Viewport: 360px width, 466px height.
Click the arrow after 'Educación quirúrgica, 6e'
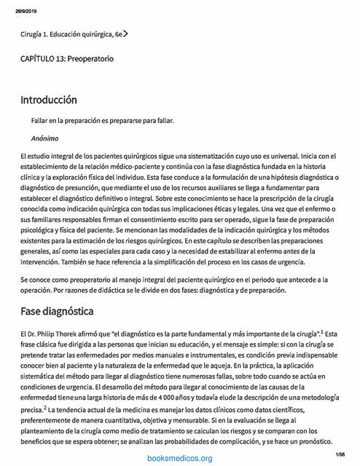tap(127, 33)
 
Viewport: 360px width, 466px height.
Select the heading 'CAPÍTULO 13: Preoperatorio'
tap(66, 58)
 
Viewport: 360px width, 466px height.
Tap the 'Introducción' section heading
tap(49, 99)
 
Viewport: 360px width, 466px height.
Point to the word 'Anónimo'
tap(45, 138)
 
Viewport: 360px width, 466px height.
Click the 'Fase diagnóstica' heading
tap(57, 312)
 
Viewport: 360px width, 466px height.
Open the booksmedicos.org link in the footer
tap(179, 458)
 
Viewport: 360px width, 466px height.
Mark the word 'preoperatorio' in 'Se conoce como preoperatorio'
tap(97, 280)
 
